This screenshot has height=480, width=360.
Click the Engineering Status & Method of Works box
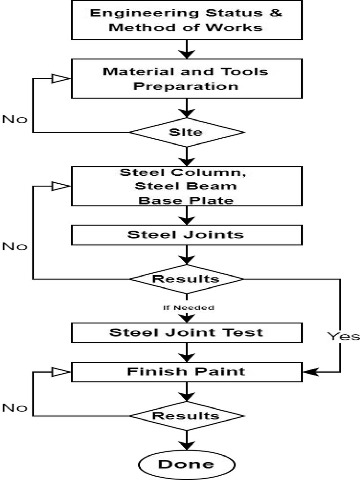[186, 20]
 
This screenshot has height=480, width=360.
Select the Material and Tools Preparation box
[186, 78]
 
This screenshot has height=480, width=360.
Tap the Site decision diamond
[187, 132]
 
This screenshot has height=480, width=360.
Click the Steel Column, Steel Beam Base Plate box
[186, 186]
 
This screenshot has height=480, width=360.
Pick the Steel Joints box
[186, 234]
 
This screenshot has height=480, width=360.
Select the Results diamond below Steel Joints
[187, 279]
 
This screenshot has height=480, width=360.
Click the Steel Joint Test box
[186, 332]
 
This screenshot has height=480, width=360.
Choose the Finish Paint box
[186, 372]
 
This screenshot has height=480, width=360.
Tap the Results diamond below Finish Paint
[187, 416]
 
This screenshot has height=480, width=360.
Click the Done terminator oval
[186, 464]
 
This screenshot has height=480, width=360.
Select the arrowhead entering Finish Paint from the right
[309, 372]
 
